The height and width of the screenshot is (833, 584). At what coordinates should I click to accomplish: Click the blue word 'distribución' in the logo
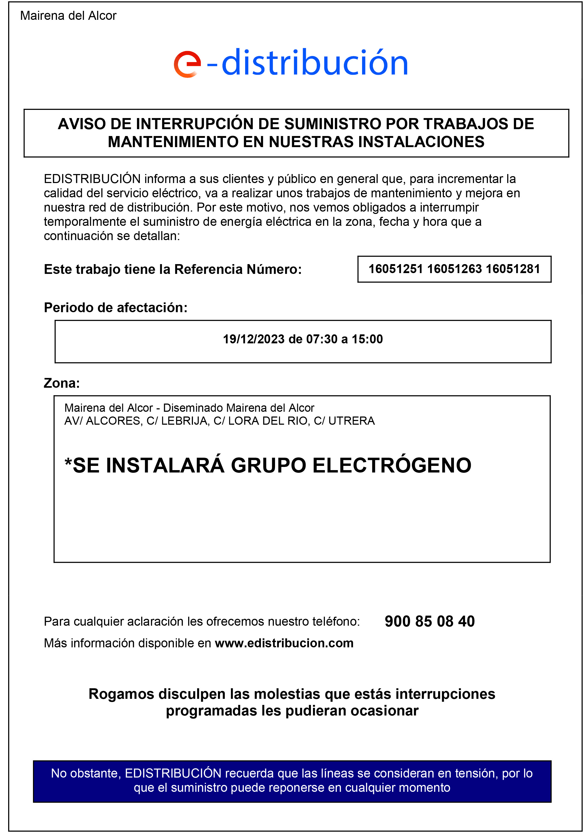[314, 63]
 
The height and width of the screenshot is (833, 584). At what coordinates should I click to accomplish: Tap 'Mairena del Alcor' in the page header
[68, 16]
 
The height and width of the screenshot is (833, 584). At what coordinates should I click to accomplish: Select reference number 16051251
[396, 269]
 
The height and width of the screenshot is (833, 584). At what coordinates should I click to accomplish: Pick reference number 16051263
[454, 269]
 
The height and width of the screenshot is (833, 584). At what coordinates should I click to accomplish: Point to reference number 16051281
[512, 269]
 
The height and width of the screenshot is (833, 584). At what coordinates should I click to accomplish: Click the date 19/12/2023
[253, 339]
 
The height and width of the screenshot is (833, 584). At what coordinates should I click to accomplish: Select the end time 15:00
[367, 339]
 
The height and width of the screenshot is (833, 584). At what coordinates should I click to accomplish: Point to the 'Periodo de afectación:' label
[116, 308]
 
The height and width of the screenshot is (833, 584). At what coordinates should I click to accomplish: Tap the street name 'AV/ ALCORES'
[103, 421]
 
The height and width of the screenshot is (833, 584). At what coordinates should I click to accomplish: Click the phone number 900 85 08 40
[430, 621]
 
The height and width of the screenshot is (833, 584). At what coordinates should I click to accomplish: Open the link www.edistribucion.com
[284, 643]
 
